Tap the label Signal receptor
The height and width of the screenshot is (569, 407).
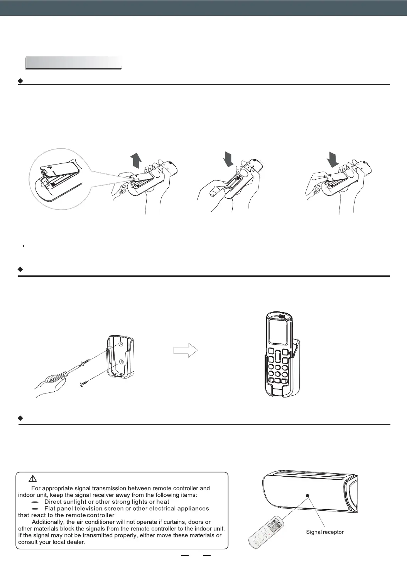(x=324, y=532)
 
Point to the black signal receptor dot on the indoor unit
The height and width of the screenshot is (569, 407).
(x=307, y=495)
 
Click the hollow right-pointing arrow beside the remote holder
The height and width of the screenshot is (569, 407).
(x=186, y=351)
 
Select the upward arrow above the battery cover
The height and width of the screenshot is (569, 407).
(x=136, y=160)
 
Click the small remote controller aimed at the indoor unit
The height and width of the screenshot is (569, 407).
(x=266, y=531)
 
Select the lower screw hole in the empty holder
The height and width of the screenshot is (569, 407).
(x=122, y=362)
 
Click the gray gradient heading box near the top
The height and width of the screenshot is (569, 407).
(x=73, y=63)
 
